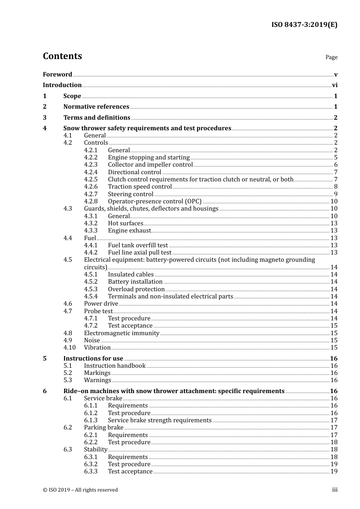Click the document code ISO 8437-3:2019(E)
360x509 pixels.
pos(304,25)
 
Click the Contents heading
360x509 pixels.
pos(62,56)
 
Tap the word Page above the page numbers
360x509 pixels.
pos(331,57)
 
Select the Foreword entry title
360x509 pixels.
pos(57,74)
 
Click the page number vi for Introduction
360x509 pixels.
pos(335,85)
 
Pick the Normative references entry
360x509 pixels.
pos(96,107)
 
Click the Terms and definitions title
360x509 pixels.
pos(97,118)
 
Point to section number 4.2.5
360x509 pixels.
pos(91,180)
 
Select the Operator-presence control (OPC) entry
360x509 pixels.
pos(155,201)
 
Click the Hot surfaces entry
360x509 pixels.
pos(125,223)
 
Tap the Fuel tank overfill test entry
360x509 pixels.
pos(138,245)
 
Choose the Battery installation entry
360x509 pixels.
pos(135,282)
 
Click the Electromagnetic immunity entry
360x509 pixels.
pos(121,333)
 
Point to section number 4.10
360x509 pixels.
pos(69,348)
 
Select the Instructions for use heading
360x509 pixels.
pos(93,359)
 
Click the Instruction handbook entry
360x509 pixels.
pos(114,366)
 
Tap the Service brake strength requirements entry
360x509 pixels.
pos(160,420)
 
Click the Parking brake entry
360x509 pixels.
pos(103,428)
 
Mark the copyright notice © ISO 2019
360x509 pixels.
pos(80,490)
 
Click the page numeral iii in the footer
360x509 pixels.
pos(335,490)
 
